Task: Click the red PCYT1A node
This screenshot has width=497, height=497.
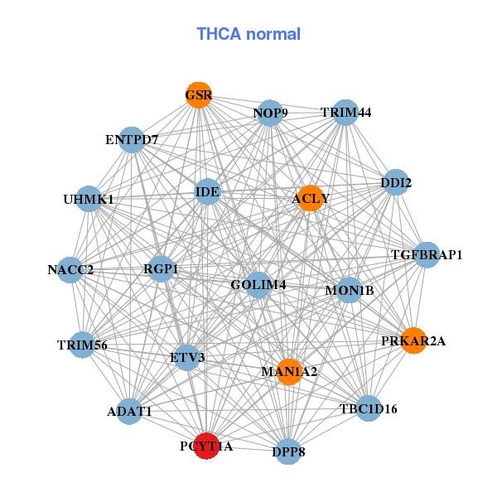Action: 205,446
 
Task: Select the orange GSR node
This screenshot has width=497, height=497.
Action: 198,95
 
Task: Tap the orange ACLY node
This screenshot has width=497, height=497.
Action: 310,198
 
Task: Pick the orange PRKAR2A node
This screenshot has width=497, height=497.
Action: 414,340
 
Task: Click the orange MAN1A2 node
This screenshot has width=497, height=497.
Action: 289,371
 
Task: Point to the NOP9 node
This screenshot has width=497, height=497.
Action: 270,113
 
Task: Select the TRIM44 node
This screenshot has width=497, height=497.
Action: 345,112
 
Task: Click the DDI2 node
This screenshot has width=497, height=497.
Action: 396,182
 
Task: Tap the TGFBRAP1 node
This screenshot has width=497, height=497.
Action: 426,254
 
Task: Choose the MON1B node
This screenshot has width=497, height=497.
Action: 350,290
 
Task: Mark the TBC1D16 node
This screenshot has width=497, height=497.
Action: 369,408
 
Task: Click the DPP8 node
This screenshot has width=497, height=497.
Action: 287,451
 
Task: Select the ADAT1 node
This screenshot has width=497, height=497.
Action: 129,411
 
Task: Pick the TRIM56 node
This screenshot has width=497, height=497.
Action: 82,345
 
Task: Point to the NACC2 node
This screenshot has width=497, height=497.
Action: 70,269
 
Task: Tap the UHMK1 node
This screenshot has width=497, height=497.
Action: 89,199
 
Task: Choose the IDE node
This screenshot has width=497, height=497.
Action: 207,192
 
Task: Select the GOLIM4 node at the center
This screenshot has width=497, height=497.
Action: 258,285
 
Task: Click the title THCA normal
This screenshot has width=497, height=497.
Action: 248,34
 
